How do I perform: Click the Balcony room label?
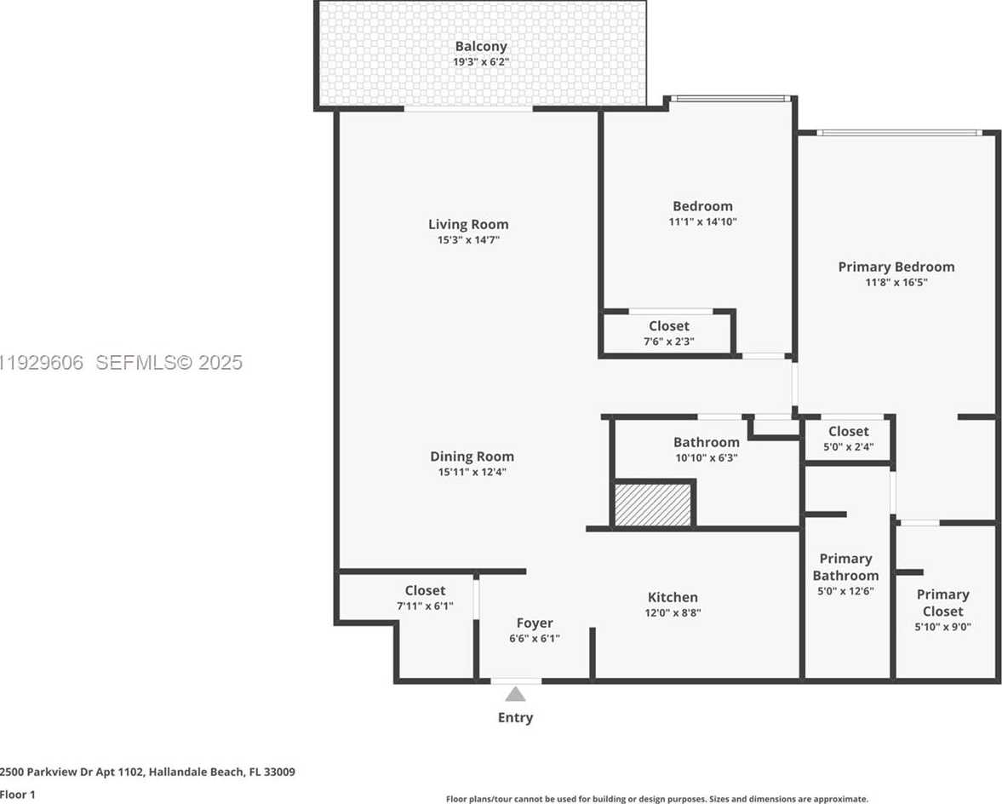click(481, 47)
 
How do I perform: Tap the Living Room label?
click(468, 225)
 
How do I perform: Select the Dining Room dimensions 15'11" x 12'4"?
click(472, 472)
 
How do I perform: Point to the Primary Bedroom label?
click(896, 267)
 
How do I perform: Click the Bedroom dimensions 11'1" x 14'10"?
click(702, 221)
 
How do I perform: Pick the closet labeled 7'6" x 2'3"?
click(669, 333)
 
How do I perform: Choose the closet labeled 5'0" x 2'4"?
click(849, 439)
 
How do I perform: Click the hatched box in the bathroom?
click(653, 504)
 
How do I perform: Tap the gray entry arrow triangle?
click(516, 694)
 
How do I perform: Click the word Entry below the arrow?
click(516, 717)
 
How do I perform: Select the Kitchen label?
click(673, 597)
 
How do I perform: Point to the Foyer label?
click(535, 623)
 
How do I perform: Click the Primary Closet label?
click(942, 602)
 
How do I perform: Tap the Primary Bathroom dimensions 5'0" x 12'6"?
click(845, 591)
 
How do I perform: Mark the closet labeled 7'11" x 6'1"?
click(425, 597)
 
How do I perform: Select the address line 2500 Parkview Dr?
click(148, 772)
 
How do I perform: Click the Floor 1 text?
click(19, 794)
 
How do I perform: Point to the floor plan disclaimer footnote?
click(657, 799)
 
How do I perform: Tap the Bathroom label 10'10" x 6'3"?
click(706, 449)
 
